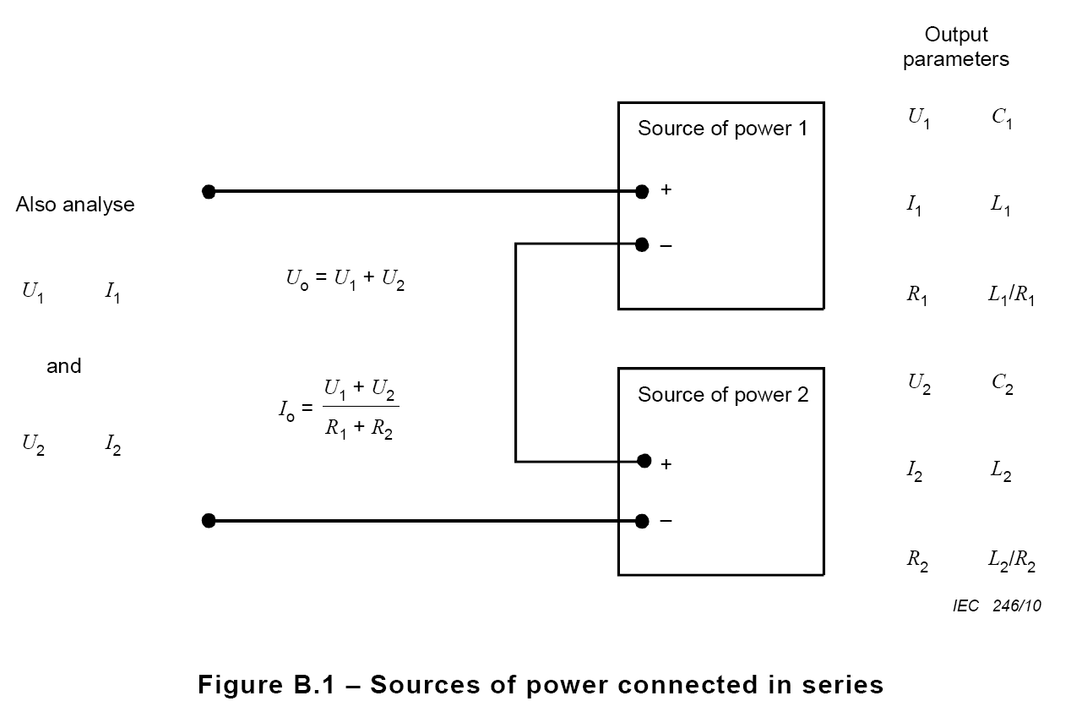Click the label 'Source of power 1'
click(722, 129)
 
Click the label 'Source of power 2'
click(723, 395)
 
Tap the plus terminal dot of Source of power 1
click(642, 191)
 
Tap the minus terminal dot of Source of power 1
click(642, 244)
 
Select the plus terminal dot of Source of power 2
click(644, 461)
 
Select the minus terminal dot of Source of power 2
click(642, 521)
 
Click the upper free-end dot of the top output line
click(209, 192)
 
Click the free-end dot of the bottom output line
click(209, 521)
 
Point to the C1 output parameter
click(1002, 118)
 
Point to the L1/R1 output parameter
click(1011, 294)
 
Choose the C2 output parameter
click(1002, 384)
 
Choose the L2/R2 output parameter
click(1012, 561)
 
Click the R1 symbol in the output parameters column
click(917, 294)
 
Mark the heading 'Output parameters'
click(956, 47)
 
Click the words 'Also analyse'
click(75, 205)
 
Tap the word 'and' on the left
click(63, 366)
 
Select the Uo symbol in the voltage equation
click(297, 279)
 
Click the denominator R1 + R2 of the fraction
click(359, 428)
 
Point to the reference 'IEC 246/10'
click(997, 605)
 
